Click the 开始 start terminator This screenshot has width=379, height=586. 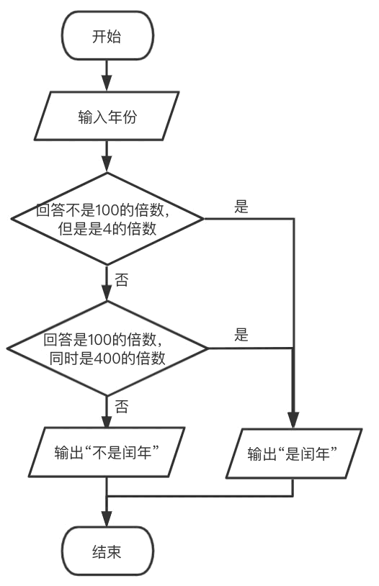click(107, 36)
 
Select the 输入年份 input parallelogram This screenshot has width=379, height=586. click(107, 116)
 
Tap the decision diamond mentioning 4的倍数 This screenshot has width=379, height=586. click(107, 219)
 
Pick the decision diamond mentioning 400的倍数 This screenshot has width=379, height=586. click(107, 348)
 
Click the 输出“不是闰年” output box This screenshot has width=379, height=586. click(107, 452)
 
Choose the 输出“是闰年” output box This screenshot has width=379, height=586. click(294, 454)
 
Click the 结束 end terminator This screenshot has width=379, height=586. click(107, 551)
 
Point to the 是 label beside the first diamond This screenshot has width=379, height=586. click(241, 206)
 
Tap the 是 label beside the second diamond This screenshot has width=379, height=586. click(241, 335)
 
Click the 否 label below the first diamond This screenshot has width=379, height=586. click(121, 279)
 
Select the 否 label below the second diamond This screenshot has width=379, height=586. click(121, 406)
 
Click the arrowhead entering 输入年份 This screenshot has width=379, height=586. click(107, 84)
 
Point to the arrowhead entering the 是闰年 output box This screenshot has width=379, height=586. click(293, 420)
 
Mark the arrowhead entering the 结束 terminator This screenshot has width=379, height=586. click(107, 519)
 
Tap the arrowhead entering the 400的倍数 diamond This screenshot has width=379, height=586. click(107, 293)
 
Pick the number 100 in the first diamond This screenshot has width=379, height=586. click(108, 210)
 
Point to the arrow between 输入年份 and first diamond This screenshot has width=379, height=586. click(107, 156)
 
